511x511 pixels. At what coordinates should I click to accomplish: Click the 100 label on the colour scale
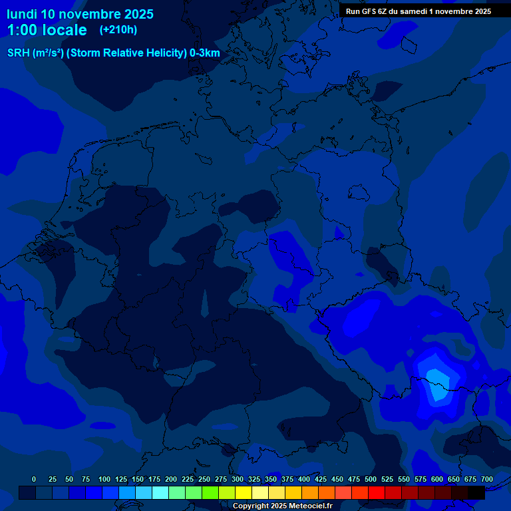[104, 479]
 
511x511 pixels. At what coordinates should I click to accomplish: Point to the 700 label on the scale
[486, 479]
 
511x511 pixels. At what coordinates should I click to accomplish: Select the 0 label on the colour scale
[34, 479]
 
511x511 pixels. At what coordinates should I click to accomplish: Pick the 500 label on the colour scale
[371, 479]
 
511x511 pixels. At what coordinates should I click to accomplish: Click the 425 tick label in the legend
[321, 479]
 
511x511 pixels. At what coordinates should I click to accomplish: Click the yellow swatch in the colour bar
[244, 492]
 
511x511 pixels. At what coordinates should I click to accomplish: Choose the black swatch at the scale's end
[476, 492]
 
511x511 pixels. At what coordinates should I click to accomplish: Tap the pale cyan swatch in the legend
[160, 492]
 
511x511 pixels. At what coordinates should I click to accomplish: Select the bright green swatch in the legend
[210, 492]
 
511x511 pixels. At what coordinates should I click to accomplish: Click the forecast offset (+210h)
[118, 30]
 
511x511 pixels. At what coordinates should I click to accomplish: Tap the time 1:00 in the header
[21, 30]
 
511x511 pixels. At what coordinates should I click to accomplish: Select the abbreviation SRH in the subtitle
[19, 53]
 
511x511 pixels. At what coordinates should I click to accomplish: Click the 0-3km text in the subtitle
[204, 53]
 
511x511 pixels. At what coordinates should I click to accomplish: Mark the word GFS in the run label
[367, 11]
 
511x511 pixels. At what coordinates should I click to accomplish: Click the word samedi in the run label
[413, 11]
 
